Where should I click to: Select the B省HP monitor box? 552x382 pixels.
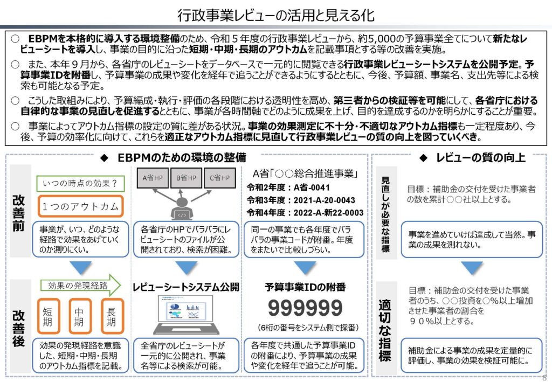click(x=185, y=177)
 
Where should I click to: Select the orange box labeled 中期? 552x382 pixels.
click(x=80, y=316)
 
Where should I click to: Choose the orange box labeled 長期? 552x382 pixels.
click(x=112, y=316)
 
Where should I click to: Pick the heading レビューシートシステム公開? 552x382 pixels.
click(x=185, y=287)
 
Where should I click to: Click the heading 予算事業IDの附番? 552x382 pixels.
click(x=305, y=287)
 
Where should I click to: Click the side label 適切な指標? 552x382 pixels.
click(x=385, y=329)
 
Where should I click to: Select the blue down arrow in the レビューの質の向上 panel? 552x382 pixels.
click(x=472, y=268)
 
